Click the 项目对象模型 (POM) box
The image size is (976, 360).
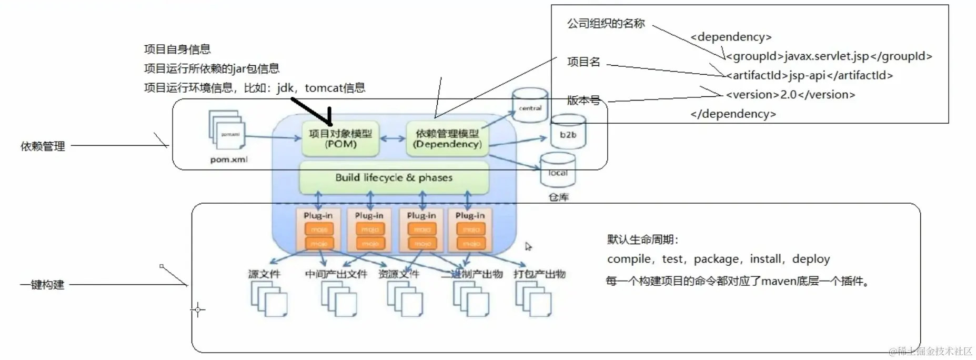(x=340, y=138)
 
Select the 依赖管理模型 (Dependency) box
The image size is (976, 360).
(x=447, y=138)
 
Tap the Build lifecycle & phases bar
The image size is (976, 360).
(x=394, y=177)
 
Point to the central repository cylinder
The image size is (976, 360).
(x=530, y=106)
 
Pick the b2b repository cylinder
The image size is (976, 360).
(x=568, y=134)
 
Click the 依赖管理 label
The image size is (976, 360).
(x=43, y=146)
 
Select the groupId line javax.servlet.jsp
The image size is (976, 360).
(x=829, y=56)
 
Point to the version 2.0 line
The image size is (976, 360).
(x=790, y=95)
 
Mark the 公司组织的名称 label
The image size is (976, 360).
(x=606, y=24)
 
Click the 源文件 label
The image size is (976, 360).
(x=264, y=274)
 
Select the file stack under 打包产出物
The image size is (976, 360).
(x=534, y=298)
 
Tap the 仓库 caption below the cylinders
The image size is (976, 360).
(x=558, y=197)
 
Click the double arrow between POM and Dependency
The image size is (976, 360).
(x=393, y=139)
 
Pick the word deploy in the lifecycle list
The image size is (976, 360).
(x=811, y=259)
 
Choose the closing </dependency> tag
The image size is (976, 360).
(x=733, y=114)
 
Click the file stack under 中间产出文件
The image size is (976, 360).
(x=339, y=298)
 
